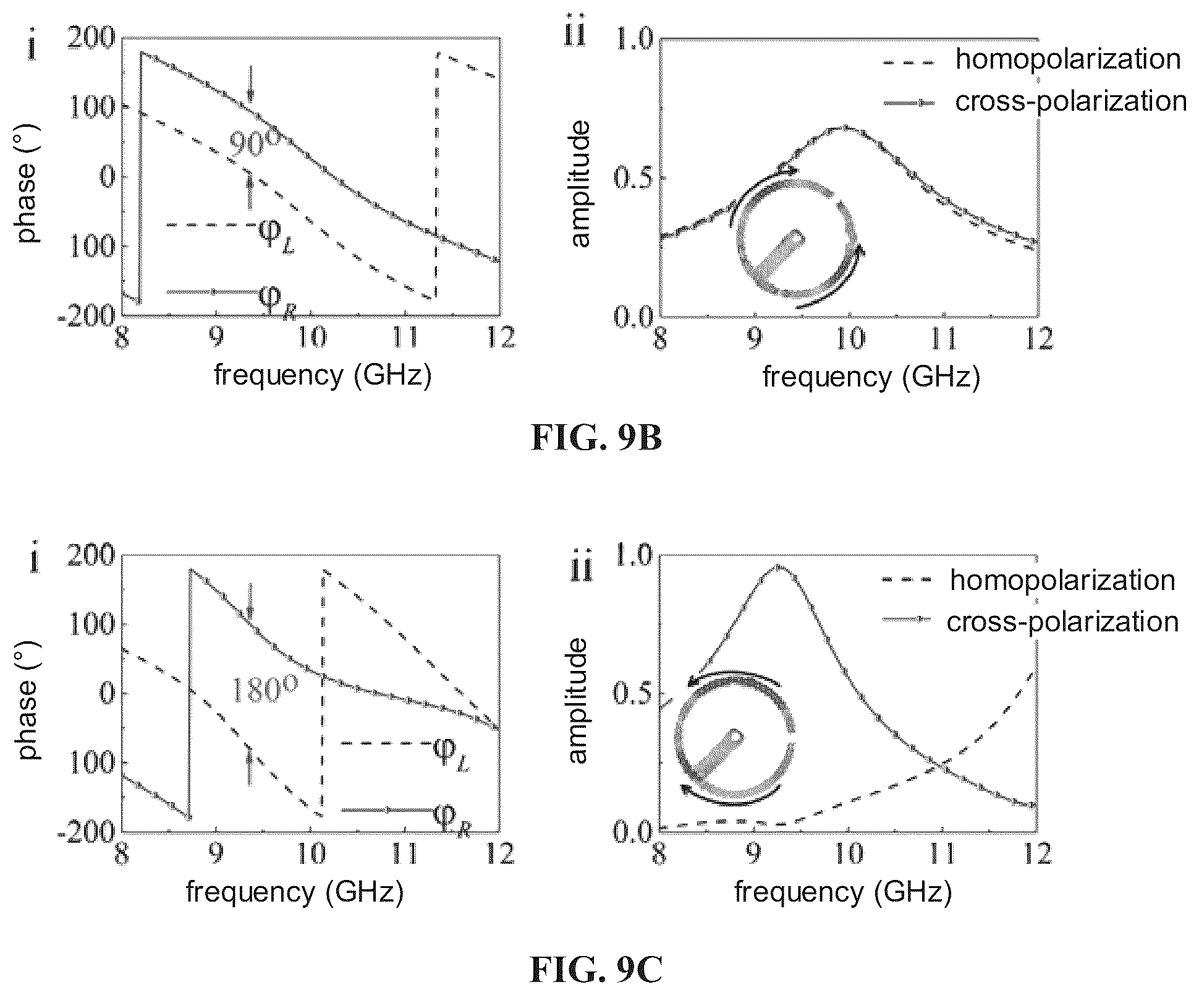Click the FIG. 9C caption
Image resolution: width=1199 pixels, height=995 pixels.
(596, 970)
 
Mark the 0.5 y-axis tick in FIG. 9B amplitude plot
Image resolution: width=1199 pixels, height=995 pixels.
(633, 177)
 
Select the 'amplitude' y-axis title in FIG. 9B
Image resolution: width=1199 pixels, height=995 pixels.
(580, 184)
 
